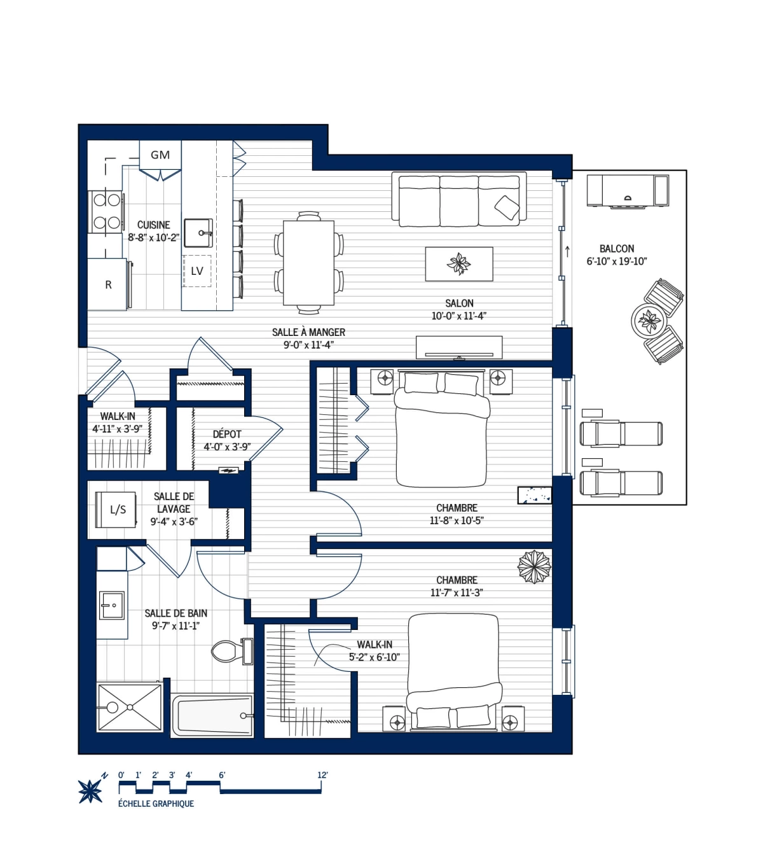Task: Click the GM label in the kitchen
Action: tap(160, 155)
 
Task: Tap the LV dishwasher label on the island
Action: tap(197, 271)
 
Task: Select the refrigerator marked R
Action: tap(108, 284)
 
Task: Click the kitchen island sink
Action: tap(198, 232)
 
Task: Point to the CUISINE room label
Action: tap(154, 225)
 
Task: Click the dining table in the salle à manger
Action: tap(309, 263)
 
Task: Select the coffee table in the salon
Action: tap(458, 263)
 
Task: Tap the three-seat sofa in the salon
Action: tap(459, 200)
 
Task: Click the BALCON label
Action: tap(617, 249)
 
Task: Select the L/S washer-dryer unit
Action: tap(117, 510)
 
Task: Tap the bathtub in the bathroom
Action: tap(212, 715)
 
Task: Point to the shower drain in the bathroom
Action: tap(130, 707)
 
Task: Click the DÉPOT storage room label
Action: tap(227, 434)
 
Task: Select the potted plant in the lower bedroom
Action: tap(533, 566)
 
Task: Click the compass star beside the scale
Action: tap(90, 791)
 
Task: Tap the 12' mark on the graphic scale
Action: tap(322, 775)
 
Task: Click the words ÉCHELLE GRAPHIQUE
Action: tap(156, 804)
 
